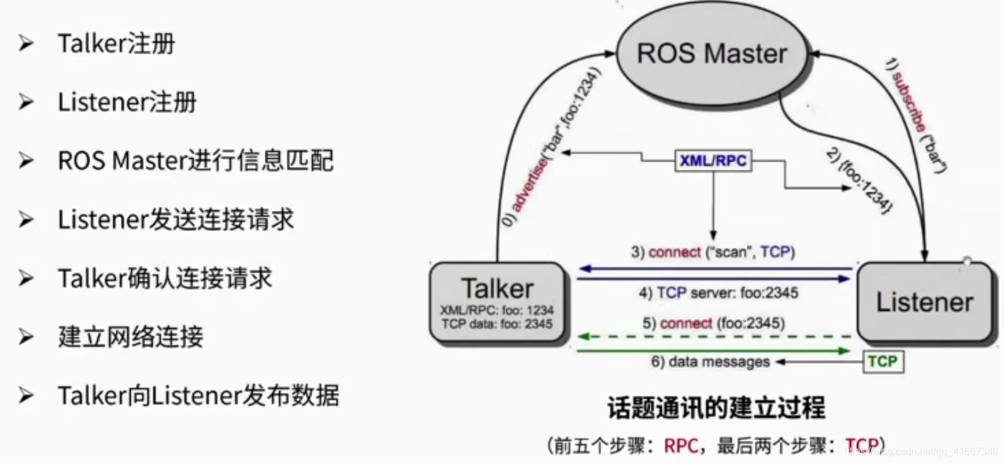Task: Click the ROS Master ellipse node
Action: pyautogui.click(x=712, y=54)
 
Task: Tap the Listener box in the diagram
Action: pyautogui.click(x=924, y=302)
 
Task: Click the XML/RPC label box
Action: pyautogui.click(x=713, y=161)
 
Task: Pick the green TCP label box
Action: pyautogui.click(x=882, y=361)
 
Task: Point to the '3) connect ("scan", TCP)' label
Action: pyautogui.click(x=713, y=252)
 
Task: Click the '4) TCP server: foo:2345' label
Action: pyautogui.click(x=718, y=293)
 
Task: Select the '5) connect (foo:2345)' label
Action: pyautogui.click(x=713, y=324)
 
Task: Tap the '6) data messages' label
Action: pyautogui.click(x=710, y=362)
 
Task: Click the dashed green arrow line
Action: pyautogui.click(x=713, y=337)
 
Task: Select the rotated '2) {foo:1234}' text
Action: pyautogui.click(x=860, y=180)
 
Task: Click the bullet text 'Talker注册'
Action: pyautogui.click(x=116, y=44)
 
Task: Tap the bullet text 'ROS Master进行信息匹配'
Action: pyautogui.click(x=196, y=161)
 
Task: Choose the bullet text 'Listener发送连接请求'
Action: pyautogui.click(x=176, y=220)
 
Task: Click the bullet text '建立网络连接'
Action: pyautogui.click(x=131, y=337)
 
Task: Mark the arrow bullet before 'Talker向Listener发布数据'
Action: pyautogui.click(x=26, y=396)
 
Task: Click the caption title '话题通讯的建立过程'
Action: pyautogui.click(x=716, y=407)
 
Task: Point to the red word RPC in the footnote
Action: pyautogui.click(x=680, y=446)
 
